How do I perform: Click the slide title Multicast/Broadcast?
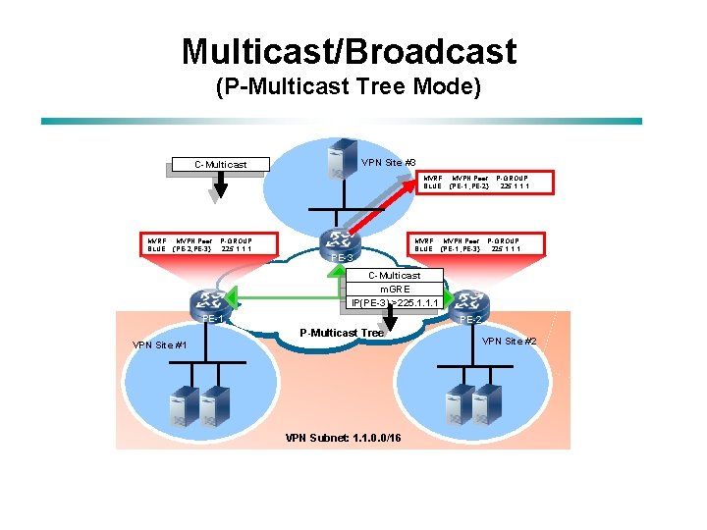(x=349, y=51)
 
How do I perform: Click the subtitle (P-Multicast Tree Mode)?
(x=349, y=87)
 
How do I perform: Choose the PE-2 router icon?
(x=469, y=302)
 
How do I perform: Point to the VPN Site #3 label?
(x=389, y=162)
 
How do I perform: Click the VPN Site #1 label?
(x=159, y=344)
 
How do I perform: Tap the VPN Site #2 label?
(x=510, y=341)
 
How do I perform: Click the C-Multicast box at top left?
(x=220, y=164)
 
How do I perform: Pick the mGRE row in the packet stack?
(x=394, y=289)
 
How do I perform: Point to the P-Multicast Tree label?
(x=341, y=333)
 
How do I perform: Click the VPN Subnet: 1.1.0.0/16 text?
(x=342, y=437)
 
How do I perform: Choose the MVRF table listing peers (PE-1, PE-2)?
(x=476, y=182)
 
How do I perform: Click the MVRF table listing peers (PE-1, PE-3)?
(x=467, y=244)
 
